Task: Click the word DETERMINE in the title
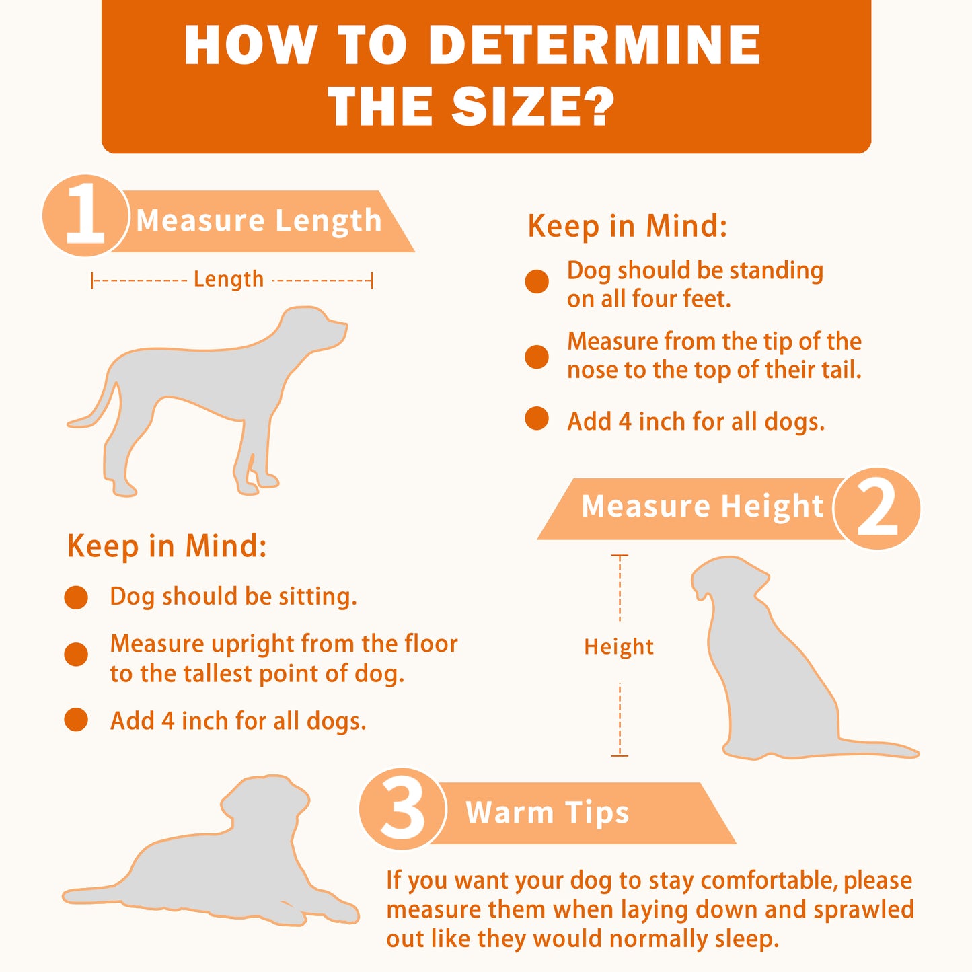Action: [594, 44]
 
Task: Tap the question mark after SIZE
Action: [596, 106]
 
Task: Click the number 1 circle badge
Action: [85, 215]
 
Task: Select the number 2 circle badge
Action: [876, 509]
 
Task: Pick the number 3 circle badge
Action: [402, 809]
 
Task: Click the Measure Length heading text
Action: [259, 221]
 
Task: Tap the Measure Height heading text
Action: [702, 507]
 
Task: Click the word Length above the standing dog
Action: [229, 280]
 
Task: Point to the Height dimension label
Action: [619, 647]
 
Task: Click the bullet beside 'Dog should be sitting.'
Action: [76, 597]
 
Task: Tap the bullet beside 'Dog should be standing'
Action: [537, 281]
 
